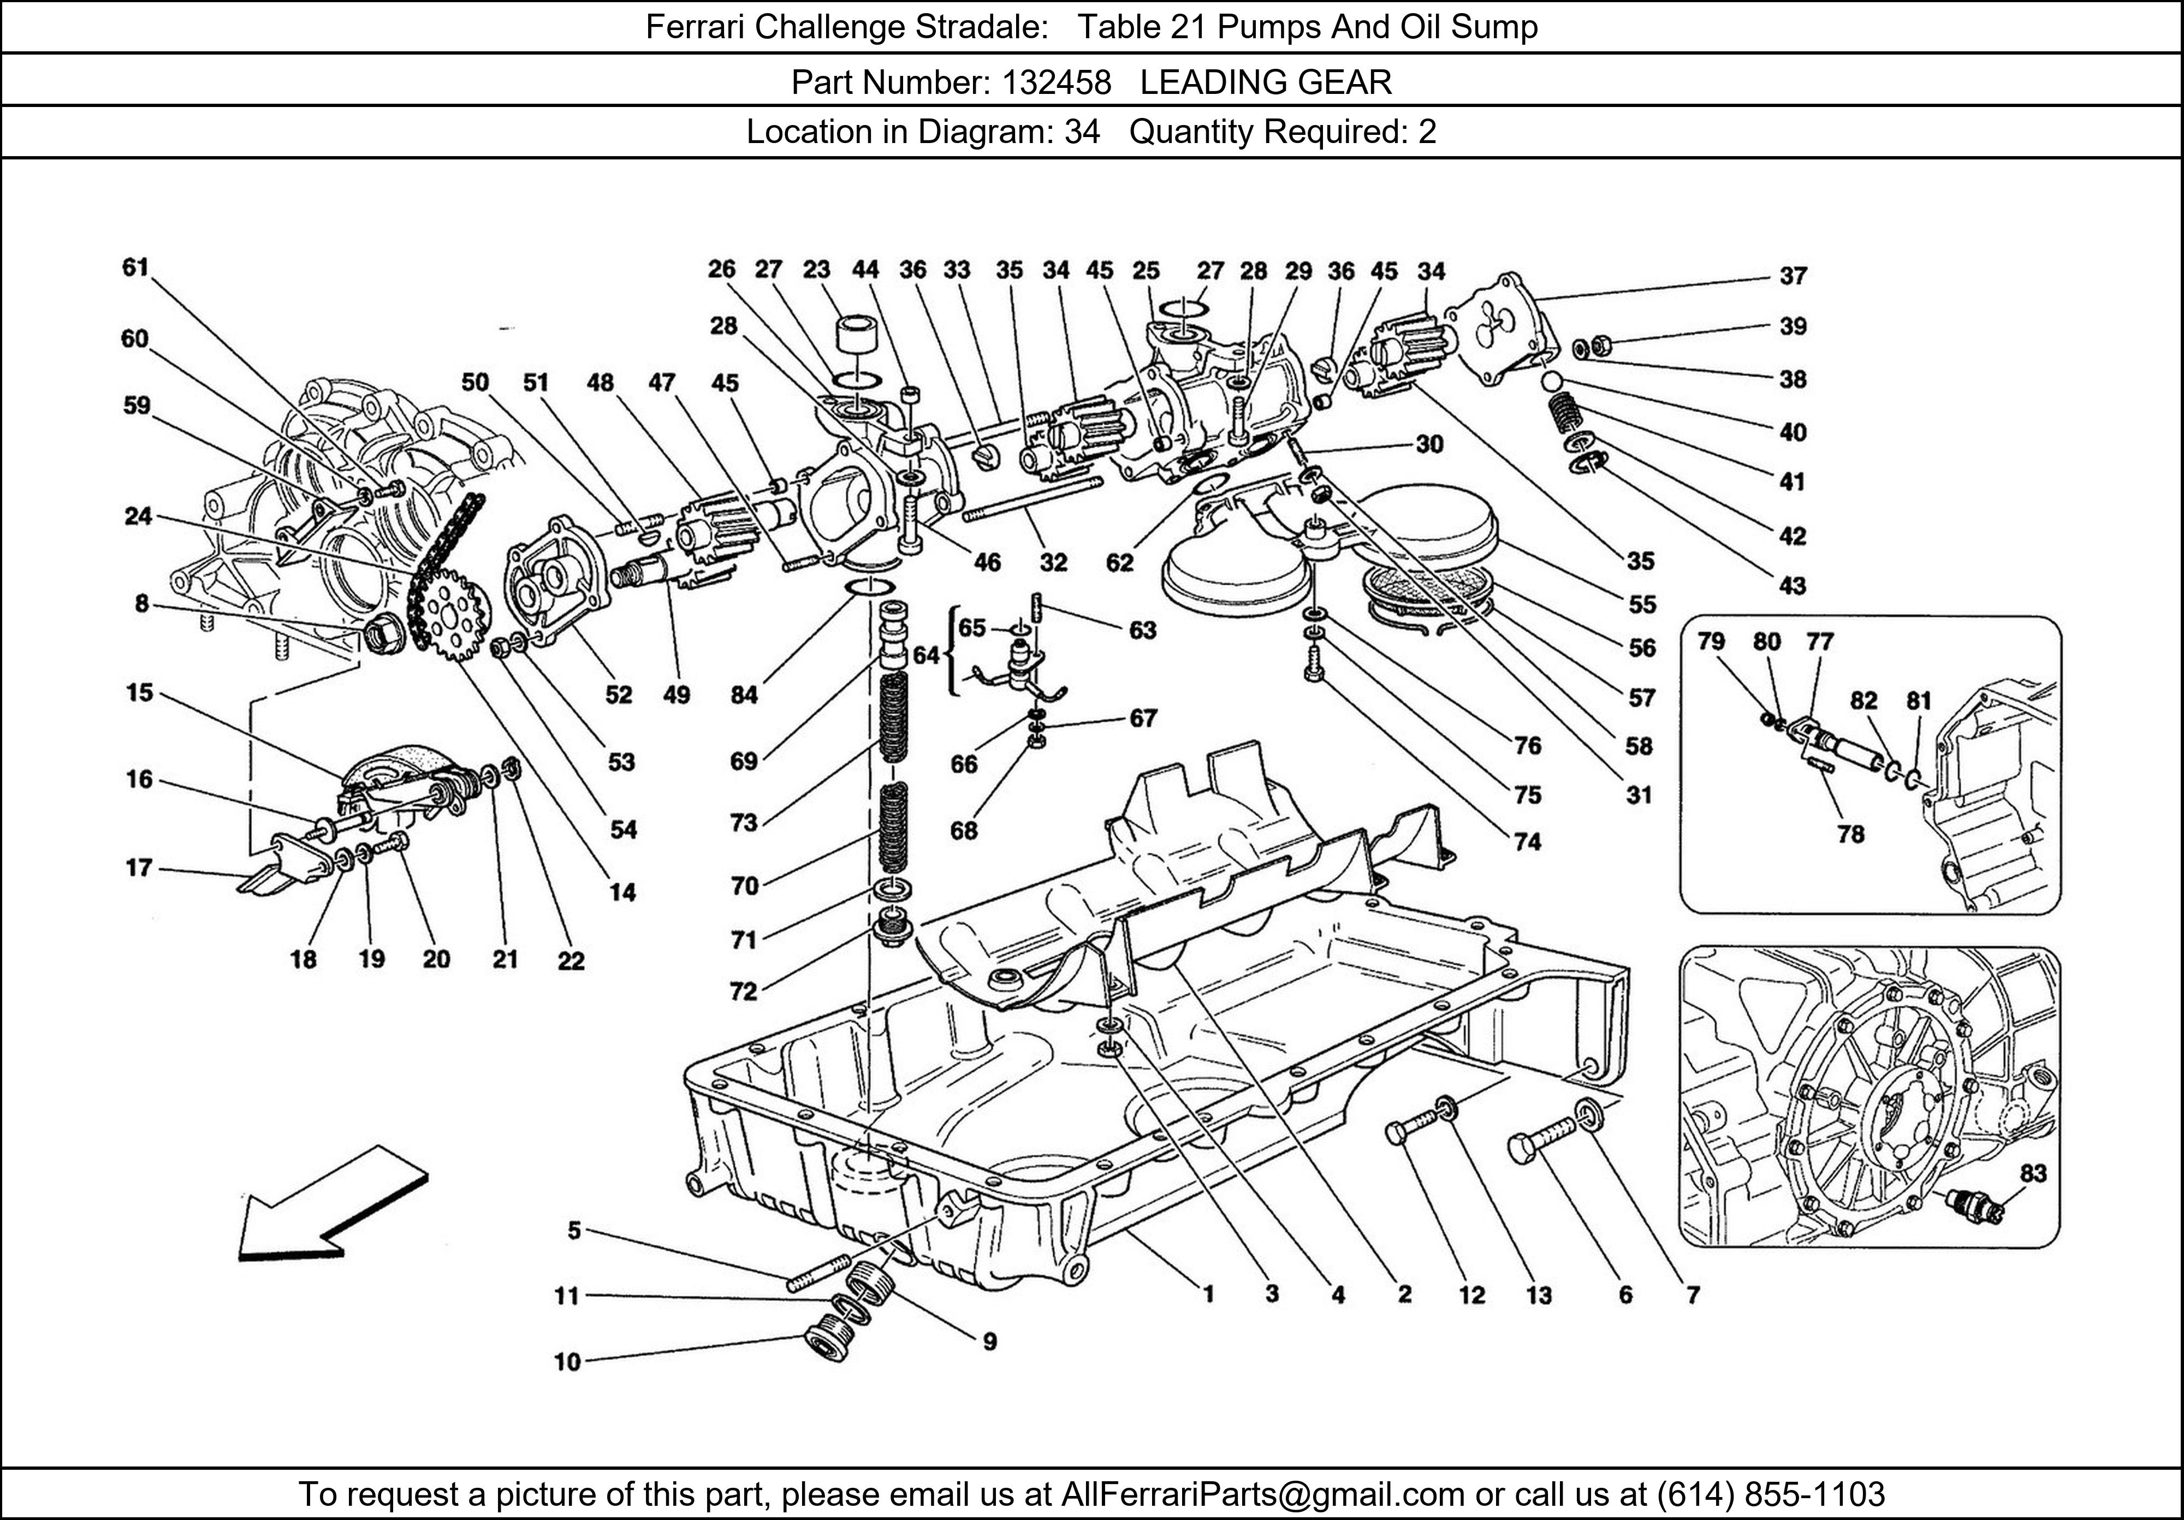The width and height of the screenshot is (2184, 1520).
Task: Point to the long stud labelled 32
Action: point(1032,500)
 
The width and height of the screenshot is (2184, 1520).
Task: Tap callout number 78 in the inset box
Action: point(1850,834)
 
